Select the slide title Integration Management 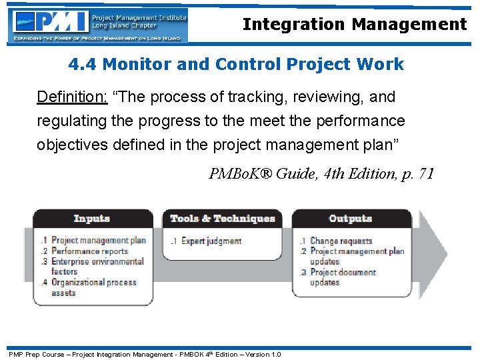tap(355, 25)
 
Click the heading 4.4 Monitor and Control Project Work tap(236, 65)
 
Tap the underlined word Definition tap(71, 97)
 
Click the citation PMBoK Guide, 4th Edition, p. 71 tap(321, 175)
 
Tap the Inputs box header tap(92, 219)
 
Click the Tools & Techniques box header tap(222, 219)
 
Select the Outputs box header tap(350, 219)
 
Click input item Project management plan tap(98, 241)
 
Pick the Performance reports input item tap(89, 251)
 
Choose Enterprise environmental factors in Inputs tap(97, 267)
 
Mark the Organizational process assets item tap(93, 287)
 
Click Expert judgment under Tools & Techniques tap(211, 241)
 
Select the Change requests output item tap(341, 241)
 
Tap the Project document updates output tap(343, 277)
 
